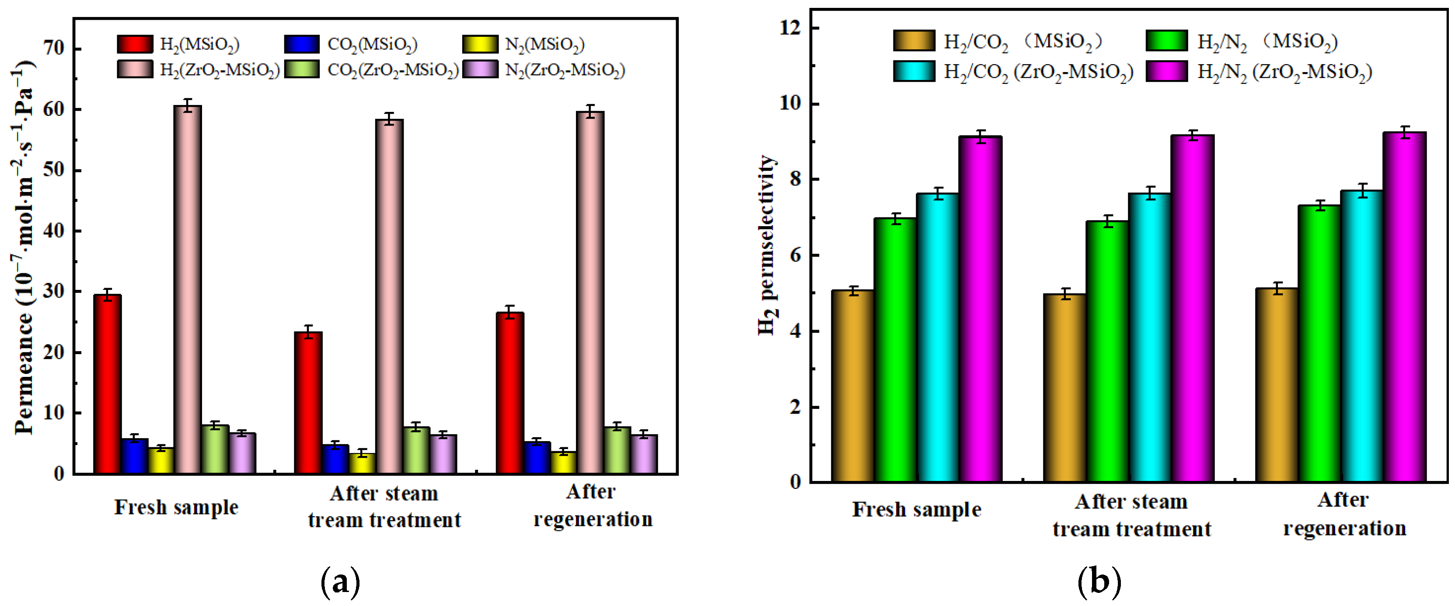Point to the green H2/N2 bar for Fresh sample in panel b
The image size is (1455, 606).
895,350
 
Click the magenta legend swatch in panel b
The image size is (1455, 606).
1167,72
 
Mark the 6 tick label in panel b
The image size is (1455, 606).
796,255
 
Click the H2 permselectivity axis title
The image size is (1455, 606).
767,246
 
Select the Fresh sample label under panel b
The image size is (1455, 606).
916,509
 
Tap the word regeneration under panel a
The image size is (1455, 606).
593,519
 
